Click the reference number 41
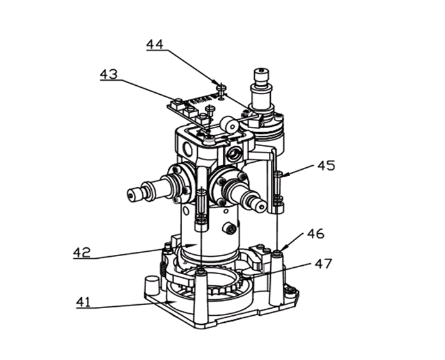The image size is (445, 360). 83,302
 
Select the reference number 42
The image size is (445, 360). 82,252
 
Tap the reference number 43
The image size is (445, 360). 108,74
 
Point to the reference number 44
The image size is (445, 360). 155,45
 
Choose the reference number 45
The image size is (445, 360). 326,165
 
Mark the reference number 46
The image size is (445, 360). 316,234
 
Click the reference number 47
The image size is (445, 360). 323,264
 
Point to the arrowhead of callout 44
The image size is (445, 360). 220,85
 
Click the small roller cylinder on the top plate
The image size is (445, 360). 230,124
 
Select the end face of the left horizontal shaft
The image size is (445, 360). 131,196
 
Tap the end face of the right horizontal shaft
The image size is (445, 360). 261,207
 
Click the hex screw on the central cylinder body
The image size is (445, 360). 229,228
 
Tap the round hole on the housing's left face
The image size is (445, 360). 188,149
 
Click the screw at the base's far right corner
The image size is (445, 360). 291,290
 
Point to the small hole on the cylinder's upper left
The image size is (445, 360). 186,211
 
